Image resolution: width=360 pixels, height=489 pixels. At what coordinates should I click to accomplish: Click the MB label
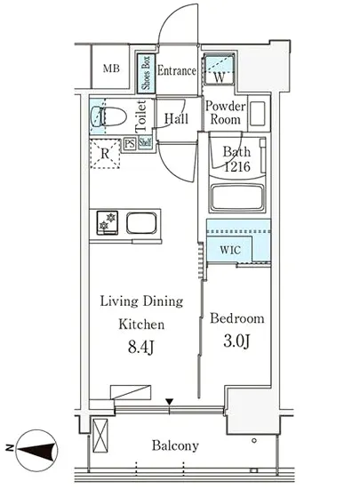click(111, 68)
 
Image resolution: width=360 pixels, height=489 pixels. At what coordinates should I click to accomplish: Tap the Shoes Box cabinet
click(146, 73)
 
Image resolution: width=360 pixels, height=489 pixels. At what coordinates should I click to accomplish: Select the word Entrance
click(176, 71)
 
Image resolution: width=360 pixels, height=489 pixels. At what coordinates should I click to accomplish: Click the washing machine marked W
click(219, 69)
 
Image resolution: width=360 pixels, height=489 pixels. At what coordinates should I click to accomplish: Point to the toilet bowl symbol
click(108, 116)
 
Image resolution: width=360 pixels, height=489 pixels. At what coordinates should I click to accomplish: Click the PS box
click(130, 144)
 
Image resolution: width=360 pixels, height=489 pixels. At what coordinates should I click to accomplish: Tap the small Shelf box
click(145, 143)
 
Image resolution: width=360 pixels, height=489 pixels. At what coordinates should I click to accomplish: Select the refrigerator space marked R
click(105, 154)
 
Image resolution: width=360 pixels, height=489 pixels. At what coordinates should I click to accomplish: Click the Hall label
click(176, 118)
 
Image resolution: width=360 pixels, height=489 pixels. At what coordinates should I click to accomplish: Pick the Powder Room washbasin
click(258, 114)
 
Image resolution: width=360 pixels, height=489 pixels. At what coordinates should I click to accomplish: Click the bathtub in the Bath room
click(237, 197)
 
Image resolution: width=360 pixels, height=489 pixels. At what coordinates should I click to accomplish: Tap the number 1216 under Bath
click(237, 166)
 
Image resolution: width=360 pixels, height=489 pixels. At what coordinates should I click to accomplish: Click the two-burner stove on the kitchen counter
click(108, 222)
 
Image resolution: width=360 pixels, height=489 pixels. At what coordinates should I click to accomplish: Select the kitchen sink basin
click(141, 223)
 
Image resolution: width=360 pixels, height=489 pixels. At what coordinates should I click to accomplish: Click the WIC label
click(230, 250)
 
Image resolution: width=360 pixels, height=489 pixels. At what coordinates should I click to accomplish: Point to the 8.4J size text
click(140, 347)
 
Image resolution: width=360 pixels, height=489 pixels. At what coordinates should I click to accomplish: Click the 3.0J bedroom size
click(236, 341)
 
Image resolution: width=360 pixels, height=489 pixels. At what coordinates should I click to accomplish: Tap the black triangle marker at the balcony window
click(169, 402)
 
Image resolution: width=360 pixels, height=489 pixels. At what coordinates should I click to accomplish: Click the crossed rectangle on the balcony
click(100, 436)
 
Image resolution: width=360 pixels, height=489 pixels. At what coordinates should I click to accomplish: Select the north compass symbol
click(36, 450)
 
